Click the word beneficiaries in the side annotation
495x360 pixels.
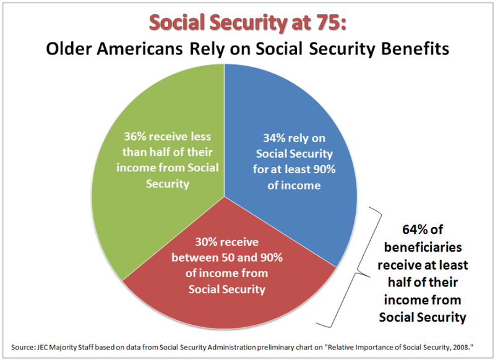click(424, 249)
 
